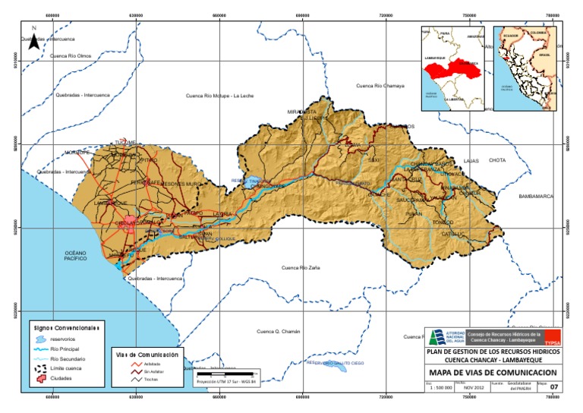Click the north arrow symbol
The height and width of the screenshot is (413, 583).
pyautogui.click(x=33, y=42)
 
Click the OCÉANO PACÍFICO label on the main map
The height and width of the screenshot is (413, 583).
pyautogui.click(x=77, y=257)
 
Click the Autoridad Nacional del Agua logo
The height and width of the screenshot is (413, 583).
pyautogui.click(x=446, y=338)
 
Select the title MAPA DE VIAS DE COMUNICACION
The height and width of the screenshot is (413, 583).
pyautogui.click(x=493, y=374)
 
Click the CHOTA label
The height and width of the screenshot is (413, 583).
pyautogui.click(x=497, y=161)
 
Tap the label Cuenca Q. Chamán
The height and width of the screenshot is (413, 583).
pyautogui.click(x=279, y=332)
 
